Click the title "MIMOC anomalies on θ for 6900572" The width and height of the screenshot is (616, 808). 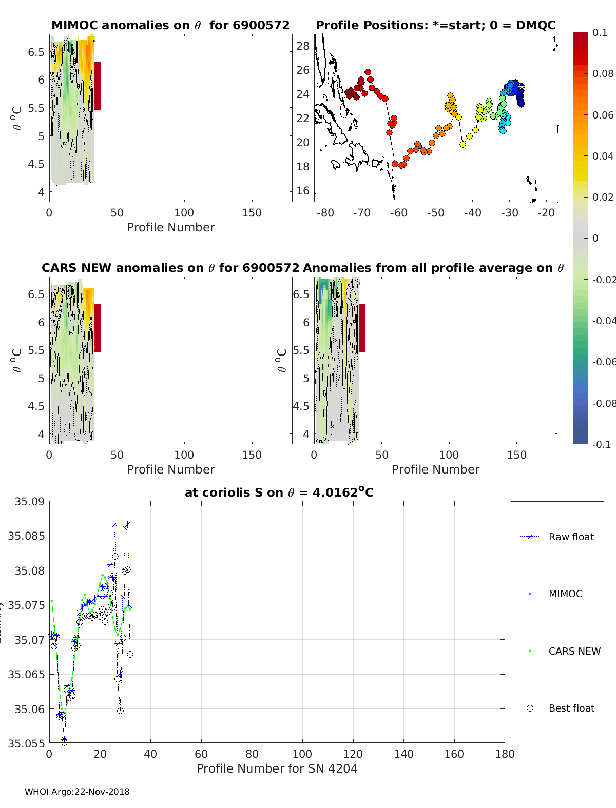pos(170,25)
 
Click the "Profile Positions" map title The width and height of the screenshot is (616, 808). pos(435,25)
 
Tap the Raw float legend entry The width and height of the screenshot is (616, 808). pos(571,537)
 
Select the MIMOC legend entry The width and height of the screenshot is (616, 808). pos(565,594)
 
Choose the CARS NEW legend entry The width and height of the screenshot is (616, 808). pos(574,651)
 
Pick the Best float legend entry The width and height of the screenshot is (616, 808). pos(571,708)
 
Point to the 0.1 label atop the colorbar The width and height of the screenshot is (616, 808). pos(600,32)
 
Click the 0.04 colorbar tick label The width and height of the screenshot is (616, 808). pos(603,156)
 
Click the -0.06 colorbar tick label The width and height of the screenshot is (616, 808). pos(604,362)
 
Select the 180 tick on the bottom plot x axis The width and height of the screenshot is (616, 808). pos(505,754)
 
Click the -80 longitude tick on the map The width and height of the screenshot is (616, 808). pos(325,213)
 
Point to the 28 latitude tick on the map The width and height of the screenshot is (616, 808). pos(303,46)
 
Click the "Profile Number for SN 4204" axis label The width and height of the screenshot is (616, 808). pos(277,768)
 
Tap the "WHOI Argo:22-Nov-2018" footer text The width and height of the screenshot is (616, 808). pos(77,792)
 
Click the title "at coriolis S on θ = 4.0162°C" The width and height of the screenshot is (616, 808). pos(279,492)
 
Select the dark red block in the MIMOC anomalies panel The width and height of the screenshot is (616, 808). pos(97,86)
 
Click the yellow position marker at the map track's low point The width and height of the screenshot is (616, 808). pos(463,144)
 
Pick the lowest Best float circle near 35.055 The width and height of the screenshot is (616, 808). pos(64,742)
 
